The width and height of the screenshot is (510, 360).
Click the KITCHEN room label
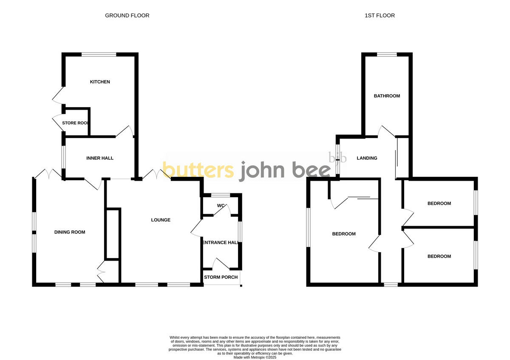coord(100,82)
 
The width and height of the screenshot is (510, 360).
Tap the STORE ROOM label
coord(76,123)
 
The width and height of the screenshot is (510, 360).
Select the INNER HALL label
coord(100,158)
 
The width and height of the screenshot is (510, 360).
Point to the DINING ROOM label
coord(70,232)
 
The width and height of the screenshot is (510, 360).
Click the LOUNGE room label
coord(161,220)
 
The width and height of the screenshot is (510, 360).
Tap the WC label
coord(221,206)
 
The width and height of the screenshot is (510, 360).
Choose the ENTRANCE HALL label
coord(220,242)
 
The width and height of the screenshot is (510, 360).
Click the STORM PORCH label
coord(221,277)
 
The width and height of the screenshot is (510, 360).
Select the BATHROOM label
coord(387,96)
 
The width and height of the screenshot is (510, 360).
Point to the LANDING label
coord(367,158)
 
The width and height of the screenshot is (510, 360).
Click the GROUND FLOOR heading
coord(127,16)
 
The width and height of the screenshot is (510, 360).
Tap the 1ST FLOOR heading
coord(380,16)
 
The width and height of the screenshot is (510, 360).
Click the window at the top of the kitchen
coord(99,54)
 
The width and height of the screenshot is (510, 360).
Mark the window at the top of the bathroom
coord(387,54)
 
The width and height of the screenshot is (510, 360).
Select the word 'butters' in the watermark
coord(198,170)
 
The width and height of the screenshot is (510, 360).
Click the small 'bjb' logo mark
coord(338,158)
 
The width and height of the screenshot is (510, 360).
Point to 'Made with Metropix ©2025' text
coord(255,357)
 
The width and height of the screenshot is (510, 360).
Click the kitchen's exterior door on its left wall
coord(59,95)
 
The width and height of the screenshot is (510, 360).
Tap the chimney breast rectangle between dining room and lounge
coord(113,233)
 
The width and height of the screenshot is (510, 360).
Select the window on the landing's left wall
coord(337,160)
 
